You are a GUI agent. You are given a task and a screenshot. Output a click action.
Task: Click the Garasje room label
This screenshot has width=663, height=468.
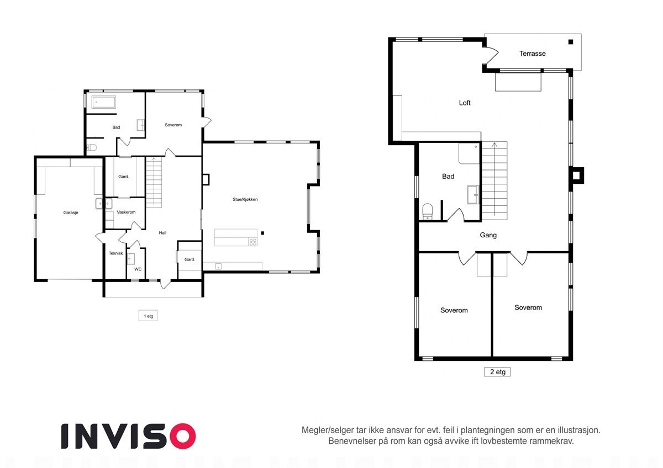(x=71, y=212)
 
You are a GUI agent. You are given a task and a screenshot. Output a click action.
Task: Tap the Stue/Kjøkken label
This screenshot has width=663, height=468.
(x=245, y=199)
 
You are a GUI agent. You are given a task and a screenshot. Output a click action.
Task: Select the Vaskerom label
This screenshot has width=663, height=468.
(x=126, y=212)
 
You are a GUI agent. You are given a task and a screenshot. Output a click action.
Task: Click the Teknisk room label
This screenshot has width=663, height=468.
(x=115, y=253)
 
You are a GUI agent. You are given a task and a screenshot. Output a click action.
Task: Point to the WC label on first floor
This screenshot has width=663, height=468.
(x=138, y=269)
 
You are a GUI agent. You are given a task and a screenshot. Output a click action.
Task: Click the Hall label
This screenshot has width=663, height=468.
(x=162, y=233)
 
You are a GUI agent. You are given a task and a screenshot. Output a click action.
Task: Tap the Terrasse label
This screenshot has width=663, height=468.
(x=532, y=54)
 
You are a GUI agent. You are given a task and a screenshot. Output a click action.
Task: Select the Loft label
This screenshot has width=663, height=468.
(x=465, y=103)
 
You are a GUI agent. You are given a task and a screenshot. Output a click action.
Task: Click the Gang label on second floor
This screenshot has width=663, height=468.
(x=488, y=235)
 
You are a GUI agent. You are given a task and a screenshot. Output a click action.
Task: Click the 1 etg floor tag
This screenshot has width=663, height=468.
(x=148, y=316)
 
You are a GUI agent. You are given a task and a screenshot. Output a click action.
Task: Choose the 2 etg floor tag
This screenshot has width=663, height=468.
(x=497, y=372)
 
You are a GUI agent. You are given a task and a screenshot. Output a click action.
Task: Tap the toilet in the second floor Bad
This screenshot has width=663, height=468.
(x=427, y=212)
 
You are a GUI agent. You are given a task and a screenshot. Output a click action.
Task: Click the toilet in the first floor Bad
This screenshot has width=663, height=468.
(x=92, y=148)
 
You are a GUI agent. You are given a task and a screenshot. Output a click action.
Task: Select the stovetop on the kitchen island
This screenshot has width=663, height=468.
(x=252, y=241)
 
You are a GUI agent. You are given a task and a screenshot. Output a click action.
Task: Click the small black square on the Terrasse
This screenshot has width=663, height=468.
(x=571, y=42)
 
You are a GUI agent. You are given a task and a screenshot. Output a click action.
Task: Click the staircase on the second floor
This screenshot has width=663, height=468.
(x=494, y=180)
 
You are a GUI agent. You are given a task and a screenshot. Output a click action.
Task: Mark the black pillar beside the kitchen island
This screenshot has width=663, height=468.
(x=263, y=233)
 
